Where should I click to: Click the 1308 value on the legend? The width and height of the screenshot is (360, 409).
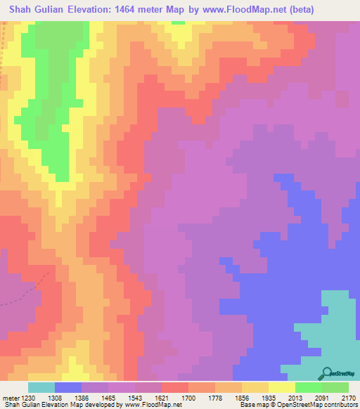click(56, 397)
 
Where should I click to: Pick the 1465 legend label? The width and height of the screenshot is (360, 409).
click(109, 397)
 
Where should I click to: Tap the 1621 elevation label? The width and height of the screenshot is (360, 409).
click(162, 397)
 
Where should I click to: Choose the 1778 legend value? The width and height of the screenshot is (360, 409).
click(216, 397)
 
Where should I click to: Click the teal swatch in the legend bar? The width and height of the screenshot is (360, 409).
click(41, 387)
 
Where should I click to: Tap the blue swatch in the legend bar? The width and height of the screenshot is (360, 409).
click(68, 387)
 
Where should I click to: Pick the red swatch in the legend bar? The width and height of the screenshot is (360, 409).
click(175, 387)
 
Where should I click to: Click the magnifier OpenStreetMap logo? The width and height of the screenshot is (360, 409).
click(328, 372)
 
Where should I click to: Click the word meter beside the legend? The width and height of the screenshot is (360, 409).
click(9, 397)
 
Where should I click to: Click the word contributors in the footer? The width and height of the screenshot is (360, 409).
click(340, 405)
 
